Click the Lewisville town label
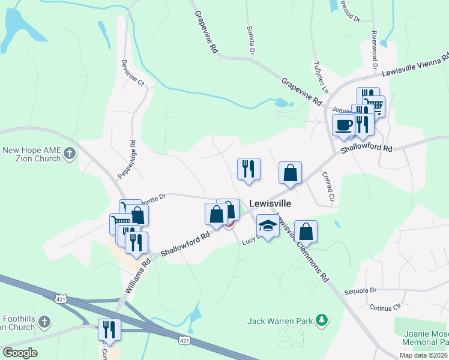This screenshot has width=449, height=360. coord(270,203)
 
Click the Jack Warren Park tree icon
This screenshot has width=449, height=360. coord(322,320)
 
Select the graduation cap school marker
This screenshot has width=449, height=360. coord(268,226)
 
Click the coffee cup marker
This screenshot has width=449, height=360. coord(344,125)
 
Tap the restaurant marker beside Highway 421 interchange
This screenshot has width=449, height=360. coord(109,329)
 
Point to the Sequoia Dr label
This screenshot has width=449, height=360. coord(360,290)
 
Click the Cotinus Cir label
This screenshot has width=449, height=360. coord(385,308)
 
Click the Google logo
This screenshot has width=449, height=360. coord(20,352)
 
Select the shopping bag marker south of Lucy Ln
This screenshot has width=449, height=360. coord(306,231)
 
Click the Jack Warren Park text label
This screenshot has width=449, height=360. coord(280,321)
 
